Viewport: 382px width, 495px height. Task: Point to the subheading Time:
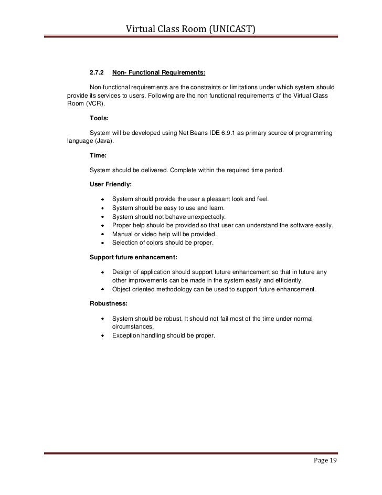(x=99, y=156)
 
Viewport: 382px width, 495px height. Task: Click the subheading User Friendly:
(x=111, y=185)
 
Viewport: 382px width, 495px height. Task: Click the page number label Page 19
(x=325, y=461)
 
